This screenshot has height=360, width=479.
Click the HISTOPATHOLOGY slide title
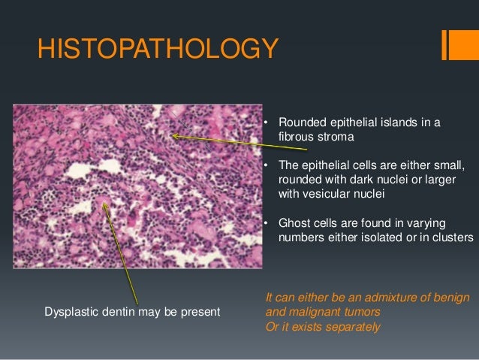(x=158, y=50)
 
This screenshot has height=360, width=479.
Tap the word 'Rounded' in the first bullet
(x=302, y=123)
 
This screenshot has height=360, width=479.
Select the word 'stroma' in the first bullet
(x=336, y=138)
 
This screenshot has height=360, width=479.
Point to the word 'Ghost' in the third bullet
(x=294, y=223)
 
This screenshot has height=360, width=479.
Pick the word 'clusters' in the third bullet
(x=452, y=237)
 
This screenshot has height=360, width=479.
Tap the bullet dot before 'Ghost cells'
(x=267, y=223)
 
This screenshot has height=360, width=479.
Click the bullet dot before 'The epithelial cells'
(x=267, y=166)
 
